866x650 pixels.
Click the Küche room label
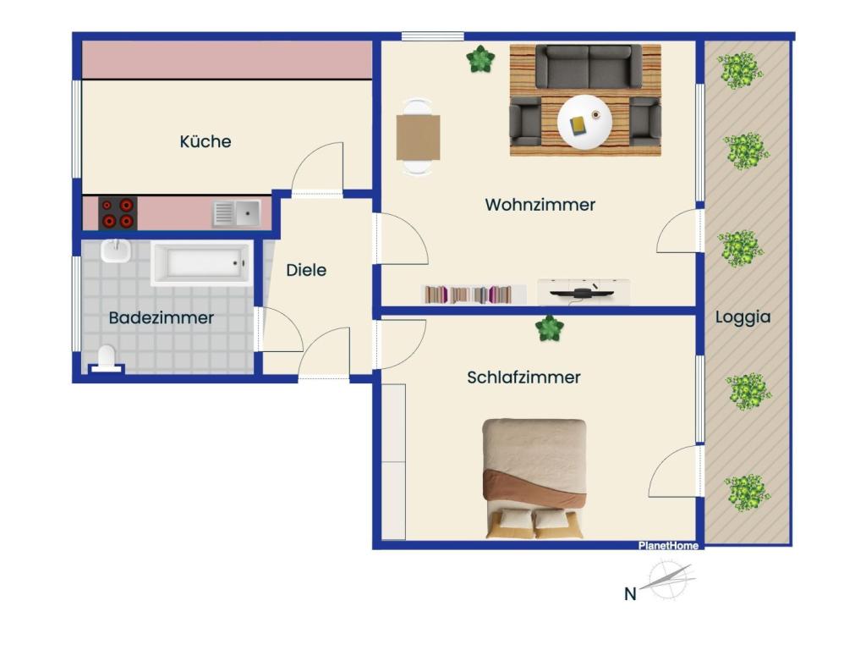point(206,141)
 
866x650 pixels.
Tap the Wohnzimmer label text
point(540,205)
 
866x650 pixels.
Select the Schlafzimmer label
point(523,377)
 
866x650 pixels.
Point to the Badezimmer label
point(162,318)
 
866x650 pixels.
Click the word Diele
point(306,270)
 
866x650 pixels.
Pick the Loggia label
point(743,317)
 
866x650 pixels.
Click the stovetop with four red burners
point(118,212)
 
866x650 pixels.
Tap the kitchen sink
point(237,213)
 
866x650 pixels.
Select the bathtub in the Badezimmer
point(201,263)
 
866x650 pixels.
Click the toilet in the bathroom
point(106,359)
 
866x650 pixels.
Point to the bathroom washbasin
point(115,251)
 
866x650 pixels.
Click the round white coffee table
point(584,122)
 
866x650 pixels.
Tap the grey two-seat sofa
point(589,66)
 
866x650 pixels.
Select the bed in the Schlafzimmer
point(534,479)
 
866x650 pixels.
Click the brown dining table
point(418,137)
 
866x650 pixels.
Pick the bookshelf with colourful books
point(474,295)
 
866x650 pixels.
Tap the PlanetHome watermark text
point(668,546)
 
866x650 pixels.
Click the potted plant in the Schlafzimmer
point(550,328)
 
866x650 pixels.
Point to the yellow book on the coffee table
point(578,126)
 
